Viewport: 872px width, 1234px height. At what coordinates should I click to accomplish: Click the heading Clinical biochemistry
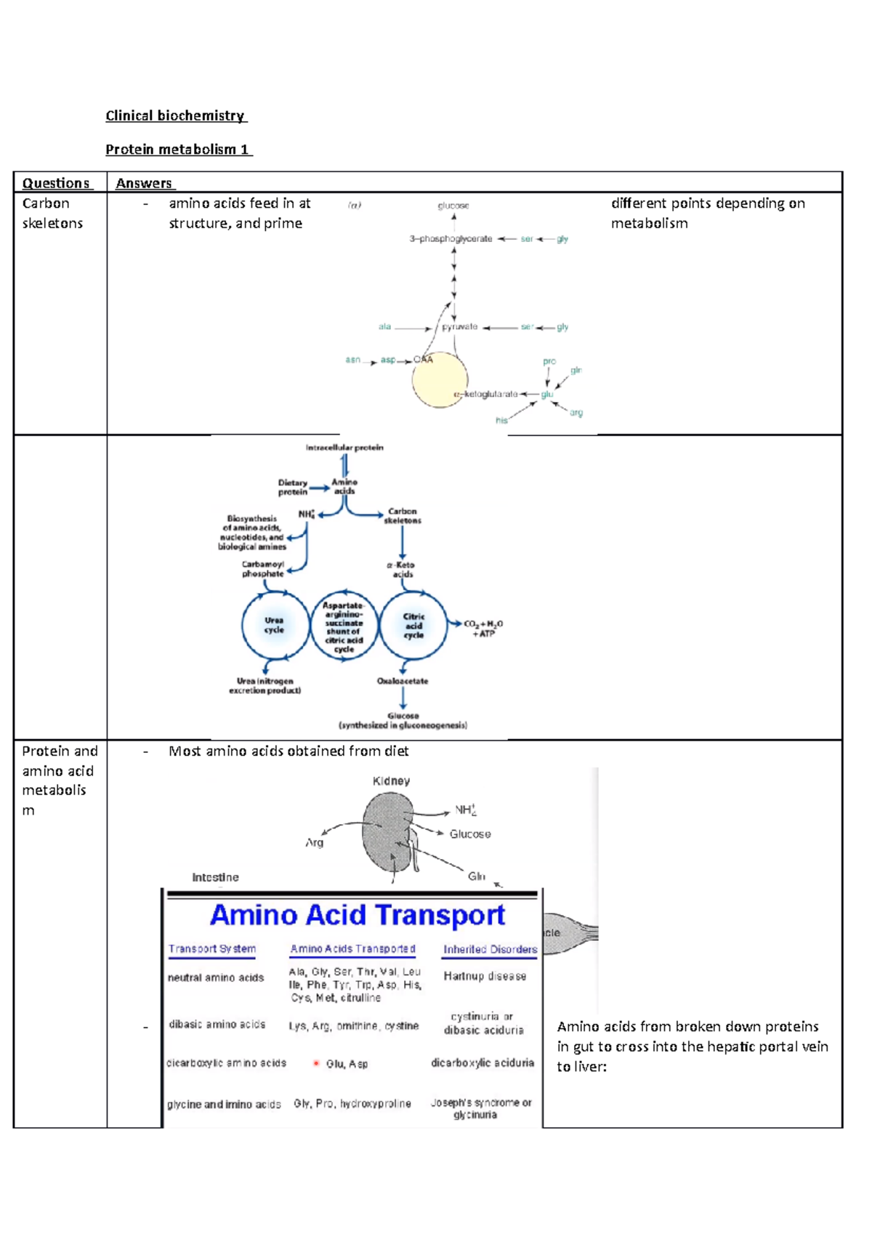coord(175,116)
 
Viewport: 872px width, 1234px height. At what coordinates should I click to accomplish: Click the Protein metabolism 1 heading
coord(178,149)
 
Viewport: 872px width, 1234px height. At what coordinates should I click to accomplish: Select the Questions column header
coord(56,183)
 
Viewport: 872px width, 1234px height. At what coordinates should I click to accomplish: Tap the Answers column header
coord(144,183)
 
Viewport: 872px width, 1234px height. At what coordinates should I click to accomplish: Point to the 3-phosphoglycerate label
coord(451,238)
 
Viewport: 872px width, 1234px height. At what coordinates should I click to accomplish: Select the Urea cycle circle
coord(274,625)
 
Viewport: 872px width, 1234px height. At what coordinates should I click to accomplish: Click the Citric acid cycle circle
coord(413,625)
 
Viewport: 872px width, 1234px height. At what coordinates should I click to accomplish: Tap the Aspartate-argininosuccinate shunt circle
coord(344,626)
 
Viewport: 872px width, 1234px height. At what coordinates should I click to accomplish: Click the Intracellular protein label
coord(344,448)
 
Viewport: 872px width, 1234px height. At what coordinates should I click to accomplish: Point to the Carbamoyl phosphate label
coord(263,569)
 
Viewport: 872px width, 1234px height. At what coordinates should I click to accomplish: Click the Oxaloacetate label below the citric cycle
coord(403,681)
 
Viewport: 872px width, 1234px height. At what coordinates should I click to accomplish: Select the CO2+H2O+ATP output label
coord(483,629)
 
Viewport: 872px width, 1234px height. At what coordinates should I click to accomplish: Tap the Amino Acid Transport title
coord(357,915)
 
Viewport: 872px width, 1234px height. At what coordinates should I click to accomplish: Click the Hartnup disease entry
coord(485,976)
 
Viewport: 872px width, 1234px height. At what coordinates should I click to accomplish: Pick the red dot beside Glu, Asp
coord(316,1063)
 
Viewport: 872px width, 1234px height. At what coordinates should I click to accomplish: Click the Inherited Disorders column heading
coord(490,949)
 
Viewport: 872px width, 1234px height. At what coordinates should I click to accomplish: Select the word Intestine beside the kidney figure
coord(215,877)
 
